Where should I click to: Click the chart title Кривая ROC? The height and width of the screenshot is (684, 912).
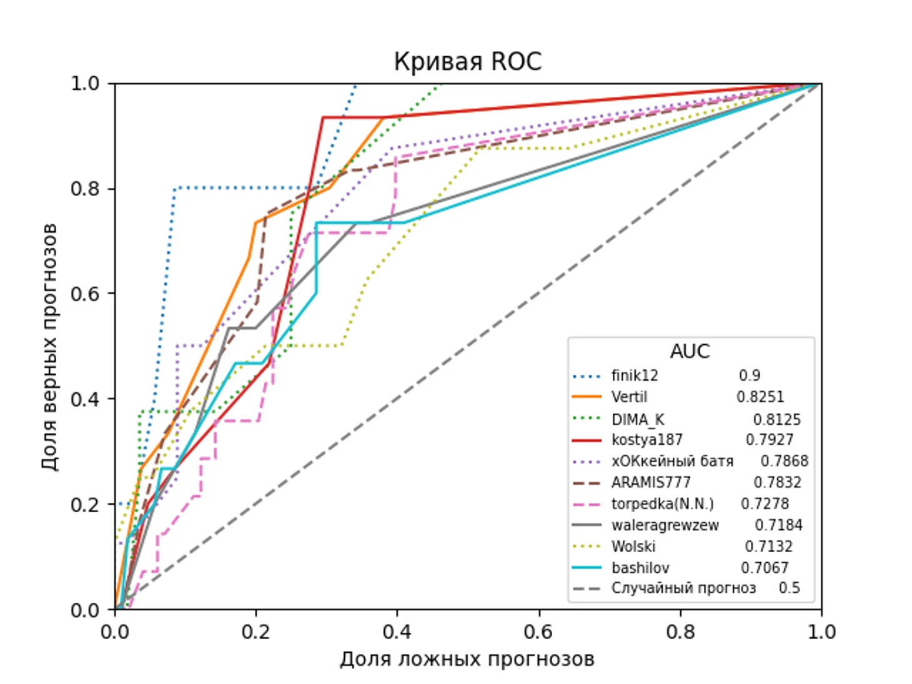[x=467, y=62]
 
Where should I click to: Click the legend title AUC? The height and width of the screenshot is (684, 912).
[x=690, y=351]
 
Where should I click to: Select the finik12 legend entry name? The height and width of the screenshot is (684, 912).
[x=635, y=375]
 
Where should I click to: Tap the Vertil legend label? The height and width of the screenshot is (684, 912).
[x=629, y=397]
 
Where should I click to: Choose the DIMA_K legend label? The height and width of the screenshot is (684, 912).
[x=638, y=419]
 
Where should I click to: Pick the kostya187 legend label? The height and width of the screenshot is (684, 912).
[x=647, y=440]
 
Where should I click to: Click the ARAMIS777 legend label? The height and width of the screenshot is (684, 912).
[x=651, y=482]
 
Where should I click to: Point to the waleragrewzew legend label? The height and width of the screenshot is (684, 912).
[x=665, y=525]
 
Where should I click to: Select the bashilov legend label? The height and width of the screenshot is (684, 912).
[x=640, y=568]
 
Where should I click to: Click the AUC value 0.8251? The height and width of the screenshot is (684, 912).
[x=760, y=397]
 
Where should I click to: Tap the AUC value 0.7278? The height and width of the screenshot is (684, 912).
[x=765, y=503]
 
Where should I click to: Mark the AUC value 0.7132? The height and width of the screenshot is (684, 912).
[x=768, y=547]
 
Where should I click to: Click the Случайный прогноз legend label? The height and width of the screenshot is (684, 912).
[x=683, y=588]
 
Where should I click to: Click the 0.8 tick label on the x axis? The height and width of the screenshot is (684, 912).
[x=680, y=632]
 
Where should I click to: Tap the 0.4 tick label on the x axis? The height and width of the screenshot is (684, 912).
[x=397, y=632]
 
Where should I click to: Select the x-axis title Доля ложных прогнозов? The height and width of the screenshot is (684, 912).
[x=467, y=660]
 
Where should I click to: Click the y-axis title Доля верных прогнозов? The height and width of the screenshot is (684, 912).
[x=50, y=346]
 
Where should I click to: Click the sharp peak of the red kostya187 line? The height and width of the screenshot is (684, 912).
[x=323, y=117]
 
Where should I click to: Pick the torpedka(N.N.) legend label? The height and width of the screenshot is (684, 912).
[x=662, y=503]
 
